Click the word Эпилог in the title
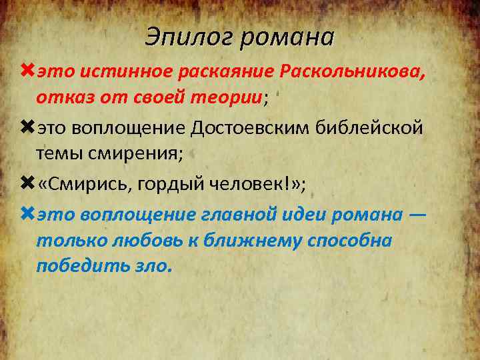(188, 37)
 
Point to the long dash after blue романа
(418, 214)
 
